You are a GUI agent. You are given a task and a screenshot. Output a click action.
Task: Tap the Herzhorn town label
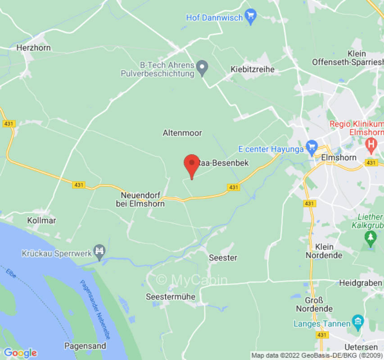[x=33, y=48]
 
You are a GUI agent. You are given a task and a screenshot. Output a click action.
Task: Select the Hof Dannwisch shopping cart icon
[x=250, y=17]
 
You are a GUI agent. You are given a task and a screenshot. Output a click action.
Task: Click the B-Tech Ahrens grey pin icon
[x=203, y=68]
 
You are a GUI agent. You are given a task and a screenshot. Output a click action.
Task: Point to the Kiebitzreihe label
[x=252, y=69]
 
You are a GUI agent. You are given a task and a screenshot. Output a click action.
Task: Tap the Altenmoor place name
[x=182, y=133]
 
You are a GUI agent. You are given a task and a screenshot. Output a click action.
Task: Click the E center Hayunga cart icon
[x=312, y=147]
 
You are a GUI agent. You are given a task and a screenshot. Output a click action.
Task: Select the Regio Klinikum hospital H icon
[x=371, y=144]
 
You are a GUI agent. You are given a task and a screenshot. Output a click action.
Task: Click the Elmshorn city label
[x=339, y=158]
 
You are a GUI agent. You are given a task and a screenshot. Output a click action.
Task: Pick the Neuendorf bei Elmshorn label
[x=143, y=199]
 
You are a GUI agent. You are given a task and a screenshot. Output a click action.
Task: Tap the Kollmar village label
[x=41, y=220]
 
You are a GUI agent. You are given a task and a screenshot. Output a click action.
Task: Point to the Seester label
[x=223, y=258]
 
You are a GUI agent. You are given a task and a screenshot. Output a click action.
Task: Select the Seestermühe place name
[x=171, y=297]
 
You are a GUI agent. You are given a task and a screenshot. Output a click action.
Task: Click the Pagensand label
[x=85, y=346]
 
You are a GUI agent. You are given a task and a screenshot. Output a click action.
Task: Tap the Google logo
[x=20, y=353]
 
